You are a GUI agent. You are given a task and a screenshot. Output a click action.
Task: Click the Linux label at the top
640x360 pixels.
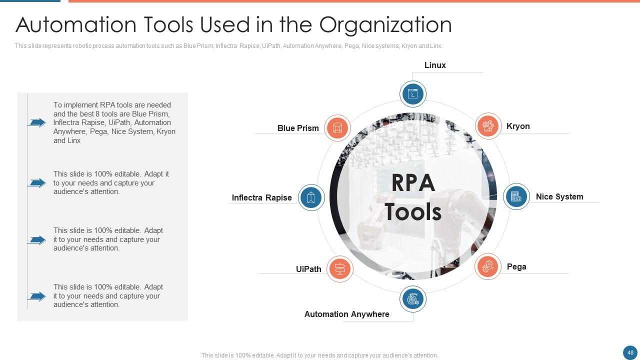coord(434,65)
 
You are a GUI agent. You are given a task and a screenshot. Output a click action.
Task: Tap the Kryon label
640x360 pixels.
coord(517,126)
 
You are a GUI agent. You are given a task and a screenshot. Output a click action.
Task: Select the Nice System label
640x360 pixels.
coord(559,197)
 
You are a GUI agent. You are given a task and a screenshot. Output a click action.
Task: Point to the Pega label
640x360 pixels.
coord(516,267)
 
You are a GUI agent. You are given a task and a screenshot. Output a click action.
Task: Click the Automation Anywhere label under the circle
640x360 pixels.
coord(346,314)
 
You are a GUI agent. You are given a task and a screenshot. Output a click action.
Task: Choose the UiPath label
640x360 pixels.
coord(308,269)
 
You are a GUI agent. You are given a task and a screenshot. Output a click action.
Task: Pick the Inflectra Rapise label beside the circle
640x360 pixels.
coord(261,198)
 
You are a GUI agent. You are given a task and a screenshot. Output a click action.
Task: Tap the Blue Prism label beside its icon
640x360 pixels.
coord(298,128)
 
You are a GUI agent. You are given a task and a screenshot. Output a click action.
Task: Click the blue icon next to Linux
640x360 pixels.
coord(413,94)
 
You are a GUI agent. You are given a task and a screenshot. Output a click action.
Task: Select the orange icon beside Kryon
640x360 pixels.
coord(487,126)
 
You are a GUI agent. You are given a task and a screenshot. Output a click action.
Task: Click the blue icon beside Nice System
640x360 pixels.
coord(516,196)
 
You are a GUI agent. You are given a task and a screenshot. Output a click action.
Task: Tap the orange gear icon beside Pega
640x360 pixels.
coord(487,266)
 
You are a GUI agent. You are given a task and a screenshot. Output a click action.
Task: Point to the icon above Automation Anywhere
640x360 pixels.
coord(413,299)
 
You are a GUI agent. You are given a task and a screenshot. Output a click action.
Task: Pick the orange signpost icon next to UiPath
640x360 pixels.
coord(339,269)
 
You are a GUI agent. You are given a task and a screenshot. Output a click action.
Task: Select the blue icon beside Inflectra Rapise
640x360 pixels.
coord(311,197)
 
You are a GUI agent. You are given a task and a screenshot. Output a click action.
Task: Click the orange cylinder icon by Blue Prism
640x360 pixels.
coord(337,128)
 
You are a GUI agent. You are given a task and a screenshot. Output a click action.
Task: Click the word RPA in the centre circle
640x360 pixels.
coord(413,183)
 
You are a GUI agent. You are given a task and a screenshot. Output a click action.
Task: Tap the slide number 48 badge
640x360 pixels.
coord(630,352)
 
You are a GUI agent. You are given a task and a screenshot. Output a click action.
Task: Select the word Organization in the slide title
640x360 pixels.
coord(385,24)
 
